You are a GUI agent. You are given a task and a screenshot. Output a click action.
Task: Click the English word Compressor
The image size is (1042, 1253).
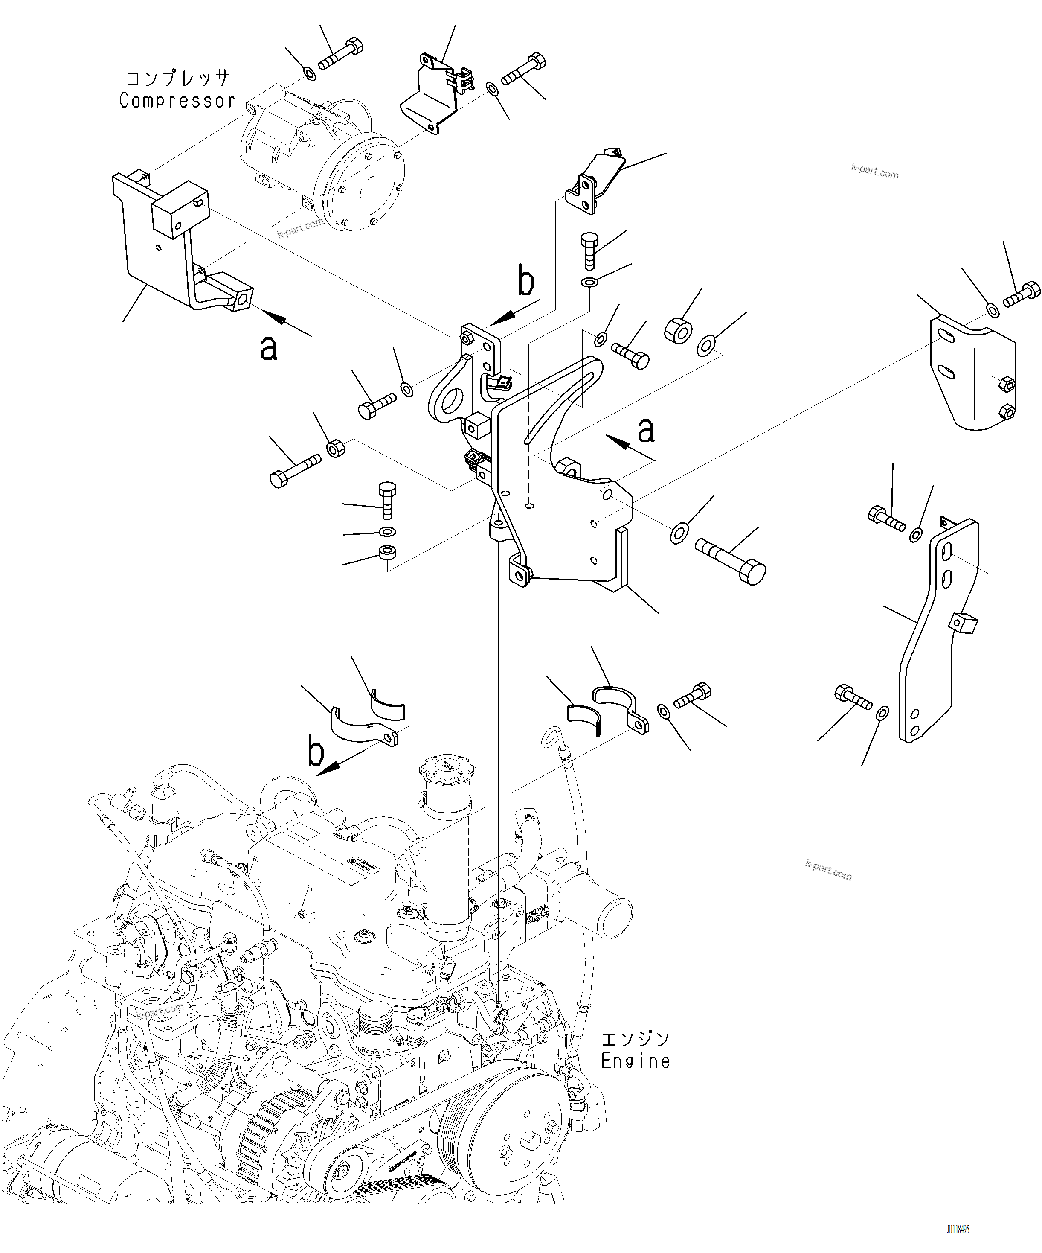[x=177, y=101]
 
